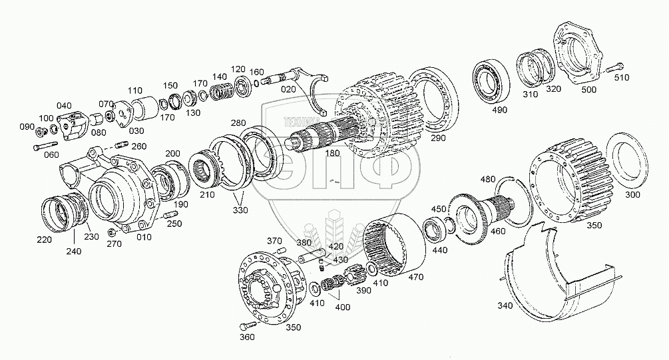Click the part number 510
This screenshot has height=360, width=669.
pos(620,77)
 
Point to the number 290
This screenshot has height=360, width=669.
pos(437,138)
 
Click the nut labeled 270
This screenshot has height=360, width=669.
pos(113,233)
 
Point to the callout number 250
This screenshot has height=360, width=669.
pos(174,224)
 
